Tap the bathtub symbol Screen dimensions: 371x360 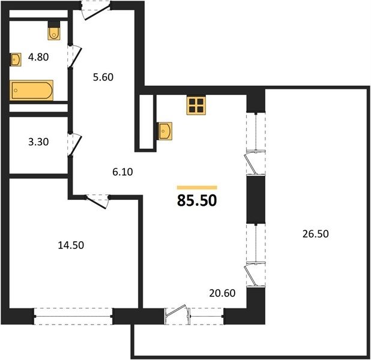(31, 91)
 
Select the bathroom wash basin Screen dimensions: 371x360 (16, 59)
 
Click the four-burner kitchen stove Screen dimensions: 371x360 (196, 106)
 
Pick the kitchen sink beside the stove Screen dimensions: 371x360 (164, 131)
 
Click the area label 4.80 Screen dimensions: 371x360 (38, 57)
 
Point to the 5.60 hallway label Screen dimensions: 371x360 (103, 77)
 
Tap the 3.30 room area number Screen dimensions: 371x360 (38, 142)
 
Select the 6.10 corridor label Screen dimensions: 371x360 (122, 172)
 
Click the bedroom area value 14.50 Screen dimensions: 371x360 (71, 245)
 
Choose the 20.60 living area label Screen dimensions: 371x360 (222, 293)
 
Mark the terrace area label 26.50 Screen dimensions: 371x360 (316, 234)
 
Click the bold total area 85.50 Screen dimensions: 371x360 (197, 201)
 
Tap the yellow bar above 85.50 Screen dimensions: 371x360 (197, 188)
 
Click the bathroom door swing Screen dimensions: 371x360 (76, 57)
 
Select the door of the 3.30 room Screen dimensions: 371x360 (76, 144)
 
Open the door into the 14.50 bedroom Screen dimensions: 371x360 (97, 202)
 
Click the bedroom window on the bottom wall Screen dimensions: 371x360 (73, 316)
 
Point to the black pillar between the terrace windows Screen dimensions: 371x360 (256, 199)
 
